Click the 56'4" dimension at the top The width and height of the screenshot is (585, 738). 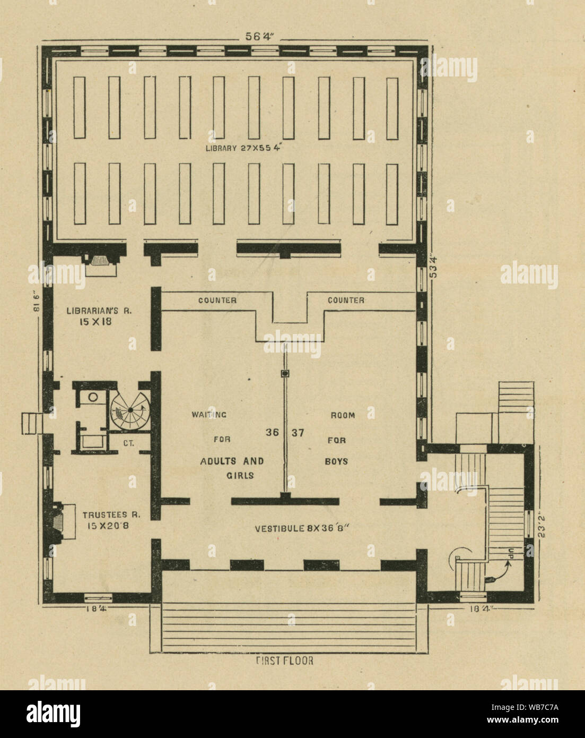tap(259, 36)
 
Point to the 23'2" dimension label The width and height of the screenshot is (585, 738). tap(542, 526)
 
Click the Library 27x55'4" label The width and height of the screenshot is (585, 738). tap(246, 148)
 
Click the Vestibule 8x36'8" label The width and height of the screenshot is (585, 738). tap(302, 528)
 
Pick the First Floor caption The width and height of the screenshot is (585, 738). tap(284, 660)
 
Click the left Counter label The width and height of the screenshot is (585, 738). tap(217, 300)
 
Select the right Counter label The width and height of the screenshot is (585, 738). tap(346, 300)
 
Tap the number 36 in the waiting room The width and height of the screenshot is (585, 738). tap(272, 432)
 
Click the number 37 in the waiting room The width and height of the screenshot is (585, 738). tap(298, 433)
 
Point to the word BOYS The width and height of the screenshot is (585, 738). tap(336, 461)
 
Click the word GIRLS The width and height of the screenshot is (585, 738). tap(240, 475)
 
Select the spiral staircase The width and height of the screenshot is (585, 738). tap(130, 410)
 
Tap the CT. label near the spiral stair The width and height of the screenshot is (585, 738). tap(128, 443)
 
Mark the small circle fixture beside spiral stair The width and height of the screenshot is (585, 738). tap(93, 397)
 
